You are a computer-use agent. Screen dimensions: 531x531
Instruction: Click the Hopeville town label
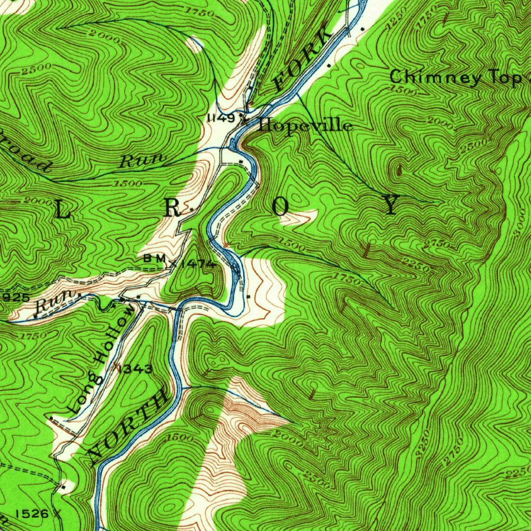coord(306,126)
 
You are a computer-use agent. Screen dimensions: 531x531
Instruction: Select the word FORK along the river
coord(303,61)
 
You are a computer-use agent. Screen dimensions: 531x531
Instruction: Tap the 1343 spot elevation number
coord(136,369)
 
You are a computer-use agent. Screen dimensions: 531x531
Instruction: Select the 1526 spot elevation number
coord(33,513)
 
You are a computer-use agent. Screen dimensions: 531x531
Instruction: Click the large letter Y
coord(392,206)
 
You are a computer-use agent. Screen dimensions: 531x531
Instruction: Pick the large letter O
coord(281,207)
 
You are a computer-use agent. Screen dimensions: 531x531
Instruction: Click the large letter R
coord(173,208)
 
